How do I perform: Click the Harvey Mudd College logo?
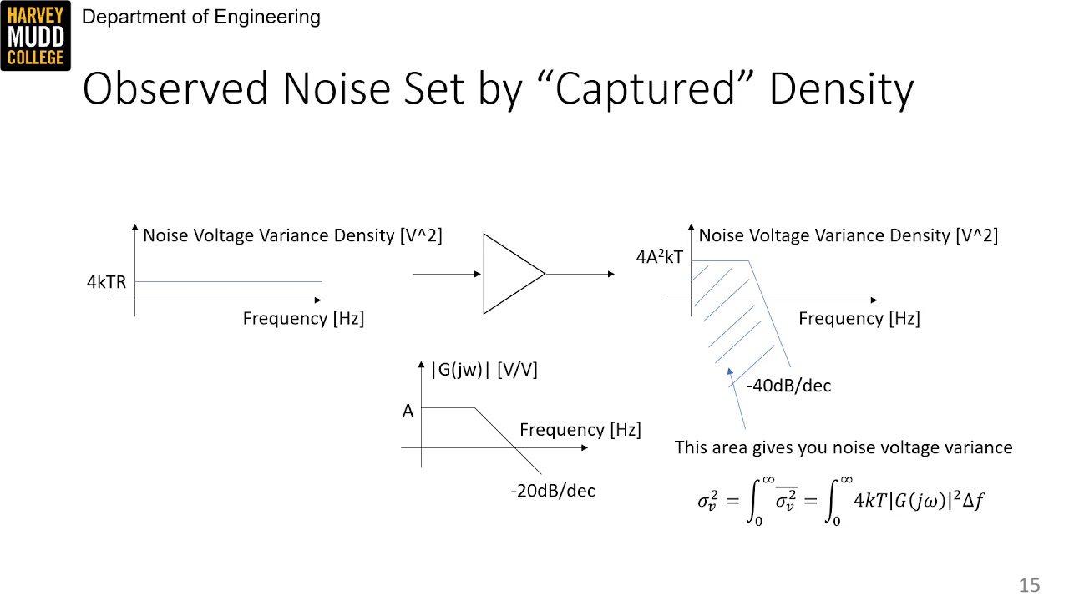36,36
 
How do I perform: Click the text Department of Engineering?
201,17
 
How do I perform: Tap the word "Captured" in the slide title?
649,89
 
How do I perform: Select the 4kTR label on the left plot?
106,282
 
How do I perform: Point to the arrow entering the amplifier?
448,274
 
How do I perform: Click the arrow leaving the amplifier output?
580,274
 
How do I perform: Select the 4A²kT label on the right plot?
659,258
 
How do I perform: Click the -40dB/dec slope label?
788,386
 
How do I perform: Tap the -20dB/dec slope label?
553,491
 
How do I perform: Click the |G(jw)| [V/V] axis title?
484,370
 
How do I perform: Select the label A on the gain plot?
408,411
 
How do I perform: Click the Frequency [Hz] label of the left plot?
303,318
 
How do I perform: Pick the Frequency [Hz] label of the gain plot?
580,430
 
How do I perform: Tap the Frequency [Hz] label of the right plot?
859,318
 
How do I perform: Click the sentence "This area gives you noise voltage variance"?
844,447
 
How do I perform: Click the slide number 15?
1029,585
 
